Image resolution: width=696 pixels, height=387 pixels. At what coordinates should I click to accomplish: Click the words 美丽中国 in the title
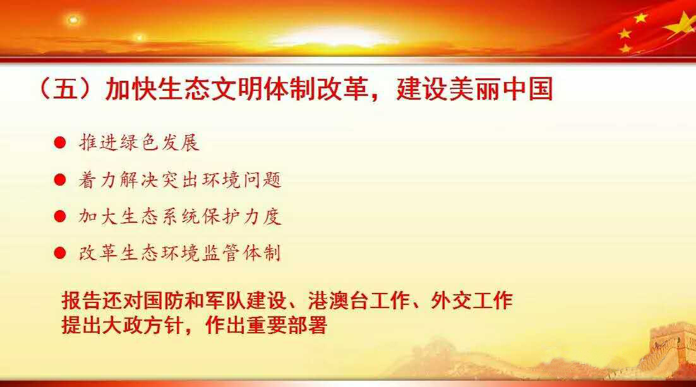[501, 89]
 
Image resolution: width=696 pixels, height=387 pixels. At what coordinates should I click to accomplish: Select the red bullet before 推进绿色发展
[60, 143]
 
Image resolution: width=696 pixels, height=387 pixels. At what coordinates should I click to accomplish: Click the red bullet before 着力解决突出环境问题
[60, 180]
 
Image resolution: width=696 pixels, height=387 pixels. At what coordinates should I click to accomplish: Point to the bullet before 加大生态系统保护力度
[60, 217]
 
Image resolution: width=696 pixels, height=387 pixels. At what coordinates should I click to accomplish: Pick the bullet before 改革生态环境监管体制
[60, 253]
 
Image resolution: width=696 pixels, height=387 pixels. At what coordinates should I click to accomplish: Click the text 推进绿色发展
[140, 143]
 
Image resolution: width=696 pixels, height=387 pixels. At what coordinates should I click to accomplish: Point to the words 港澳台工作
[359, 301]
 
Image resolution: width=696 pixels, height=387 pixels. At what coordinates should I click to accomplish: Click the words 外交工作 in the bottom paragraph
[472, 301]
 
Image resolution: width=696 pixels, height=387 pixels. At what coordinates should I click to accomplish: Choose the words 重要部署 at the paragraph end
[286, 325]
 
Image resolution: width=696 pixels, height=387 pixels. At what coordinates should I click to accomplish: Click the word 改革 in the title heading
[342, 89]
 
